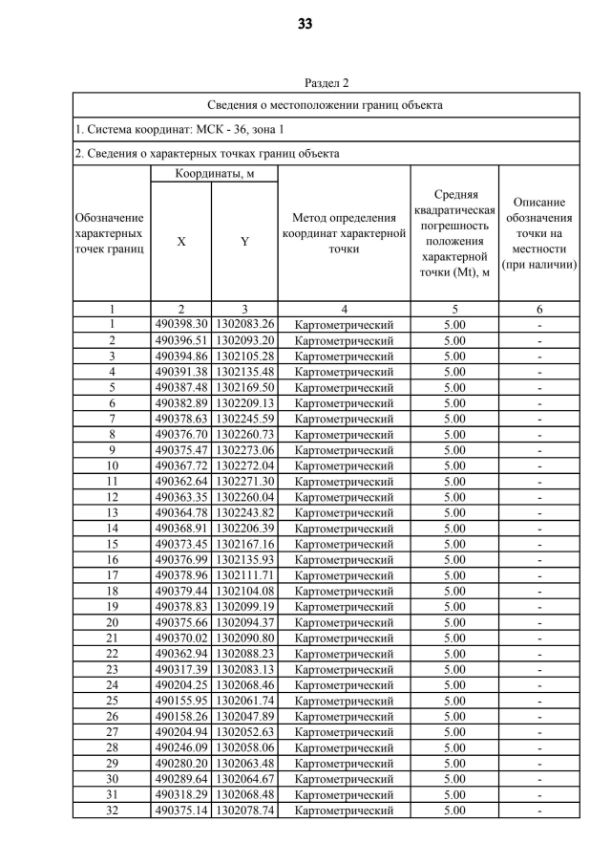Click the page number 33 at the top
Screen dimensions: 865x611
click(x=305, y=24)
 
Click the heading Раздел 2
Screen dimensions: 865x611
click(x=327, y=84)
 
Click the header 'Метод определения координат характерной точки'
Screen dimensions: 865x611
click(x=344, y=234)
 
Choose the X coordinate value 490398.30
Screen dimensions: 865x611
click(x=181, y=325)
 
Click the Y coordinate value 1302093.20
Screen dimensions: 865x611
click(x=244, y=340)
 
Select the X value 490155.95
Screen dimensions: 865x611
click(x=181, y=701)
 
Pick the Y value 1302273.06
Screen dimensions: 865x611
click(x=244, y=450)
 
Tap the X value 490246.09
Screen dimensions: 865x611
click(x=181, y=747)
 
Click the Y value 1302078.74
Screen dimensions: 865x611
click(x=244, y=811)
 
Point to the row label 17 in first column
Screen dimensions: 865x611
click(x=112, y=575)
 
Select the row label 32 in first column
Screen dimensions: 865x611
click(x=112, y=811)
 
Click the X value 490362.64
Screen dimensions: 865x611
click(x=181, y=482)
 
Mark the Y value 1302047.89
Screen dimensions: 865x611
click(x=244, y=716)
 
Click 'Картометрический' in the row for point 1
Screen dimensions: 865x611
click(x=344, y=325)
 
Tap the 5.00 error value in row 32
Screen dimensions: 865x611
click(x=454, y=811)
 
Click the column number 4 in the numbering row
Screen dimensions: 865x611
click(x=344, y=309)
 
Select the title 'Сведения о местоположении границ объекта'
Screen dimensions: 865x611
click(x=326, y=105)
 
